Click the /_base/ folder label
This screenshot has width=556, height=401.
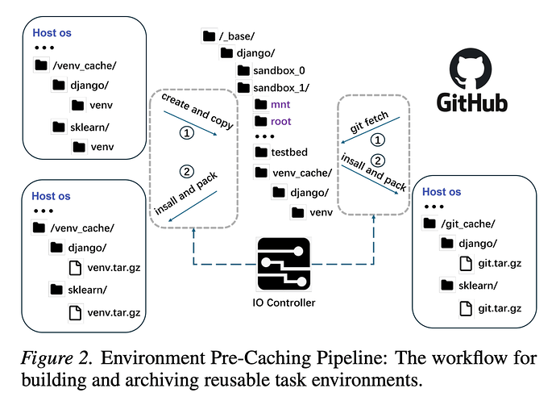click(238, 36)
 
